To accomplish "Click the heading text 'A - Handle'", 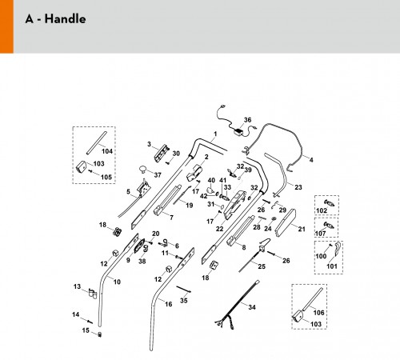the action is (x=55, y=19).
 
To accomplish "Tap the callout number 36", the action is (x=248, y=120).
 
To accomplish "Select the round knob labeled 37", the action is (x=143, y=169).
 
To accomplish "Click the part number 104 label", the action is (x=107, y=151).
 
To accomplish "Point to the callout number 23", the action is (x=298, y=187).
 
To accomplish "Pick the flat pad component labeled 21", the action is (x=285, y=223).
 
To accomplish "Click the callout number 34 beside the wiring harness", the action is (x=252, y=307).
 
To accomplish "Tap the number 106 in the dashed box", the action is (x=318, y=312).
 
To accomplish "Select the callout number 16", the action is (x=169, y=304).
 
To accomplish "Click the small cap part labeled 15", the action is (x=100, y=334).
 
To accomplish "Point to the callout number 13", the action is (x=77, y=286).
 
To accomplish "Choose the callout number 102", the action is (x=322, y=210).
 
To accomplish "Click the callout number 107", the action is (x=321, y=234).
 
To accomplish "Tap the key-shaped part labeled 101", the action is (x=338, y=249).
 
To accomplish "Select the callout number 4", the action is (x=311, y=160).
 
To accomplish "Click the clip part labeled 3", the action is (x=162, y=153).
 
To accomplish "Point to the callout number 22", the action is (x=219, y=229).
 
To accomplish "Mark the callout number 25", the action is (x=262, y=266).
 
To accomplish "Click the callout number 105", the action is (x=106, y=177).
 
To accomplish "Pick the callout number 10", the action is (x=117, y=282).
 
